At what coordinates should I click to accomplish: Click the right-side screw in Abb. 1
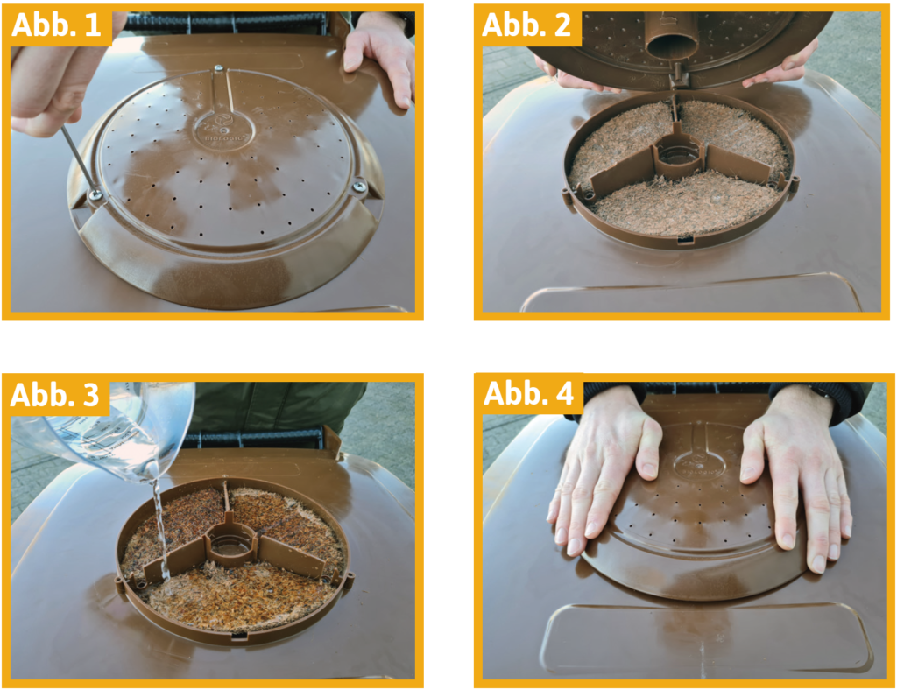(x=359, y=187)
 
